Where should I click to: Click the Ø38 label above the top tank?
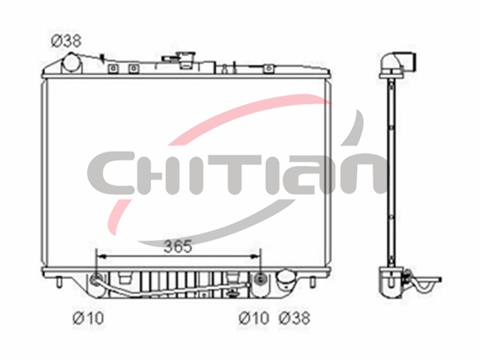[x=66, y=41]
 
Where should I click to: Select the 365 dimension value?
[x=178, y=247]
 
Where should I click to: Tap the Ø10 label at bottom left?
[x=88, y=318]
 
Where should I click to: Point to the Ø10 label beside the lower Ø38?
[x=253, y=318]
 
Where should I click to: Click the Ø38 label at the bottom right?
[x=295, y=318]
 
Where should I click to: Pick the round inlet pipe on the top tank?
[x=72, y=64]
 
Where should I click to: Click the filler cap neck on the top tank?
[x=186, y=60]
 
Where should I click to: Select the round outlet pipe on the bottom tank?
[x=286, y=278]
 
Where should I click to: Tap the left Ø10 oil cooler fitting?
[x=96, y=279]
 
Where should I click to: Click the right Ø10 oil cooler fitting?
[x=260, y=279]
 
